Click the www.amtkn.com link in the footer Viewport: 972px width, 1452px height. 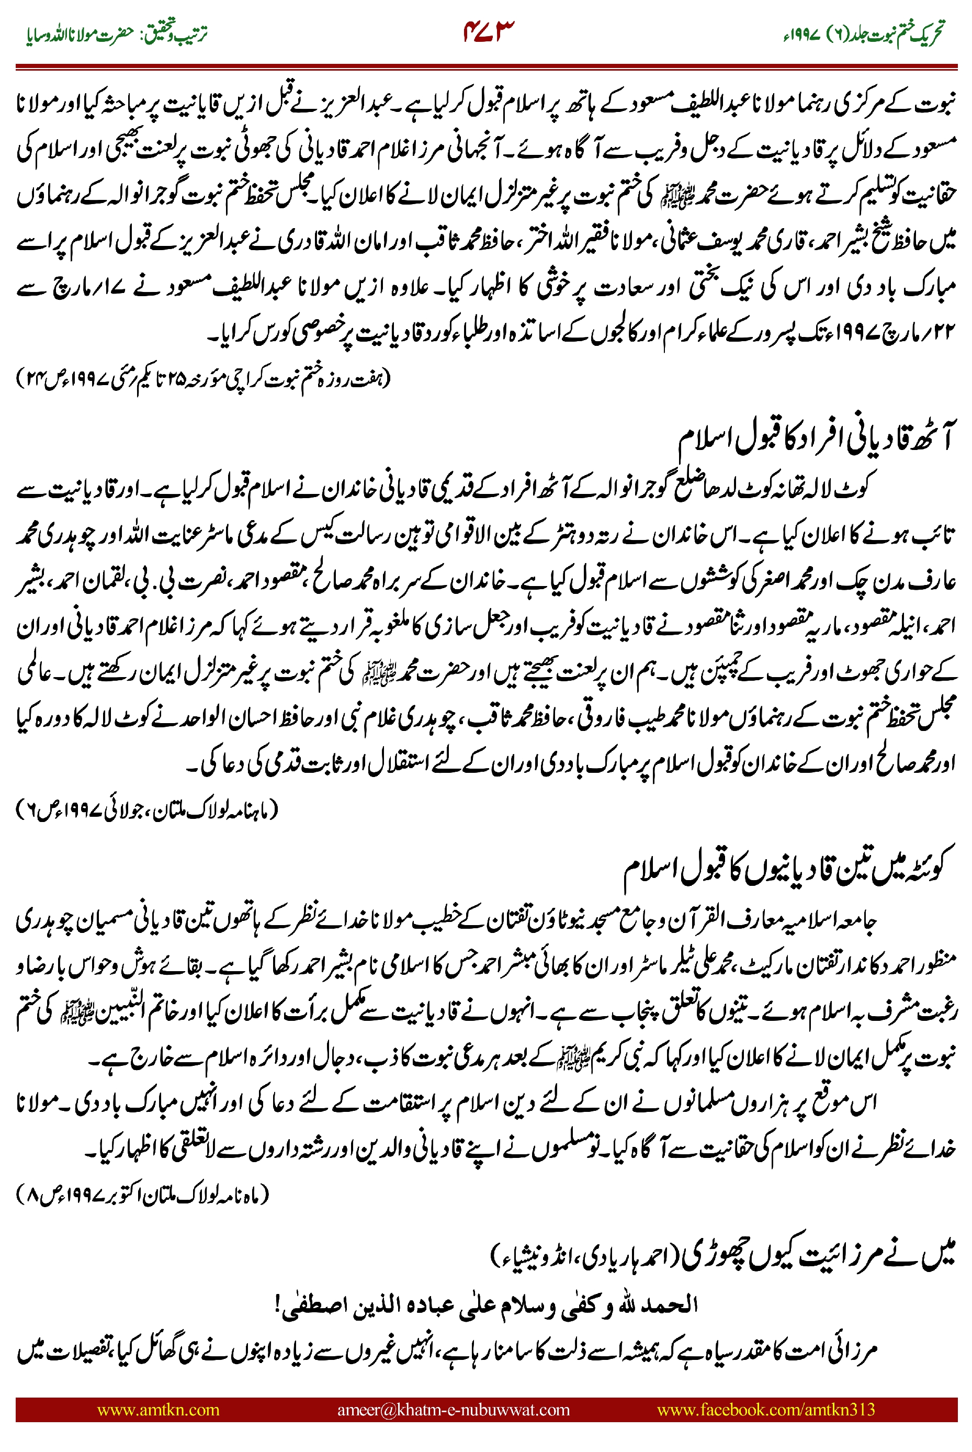click(x=158, y=1409)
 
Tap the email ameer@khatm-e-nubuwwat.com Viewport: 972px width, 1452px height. click(x=453, y=1409)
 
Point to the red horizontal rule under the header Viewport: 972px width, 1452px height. click(x=486, y=66)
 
